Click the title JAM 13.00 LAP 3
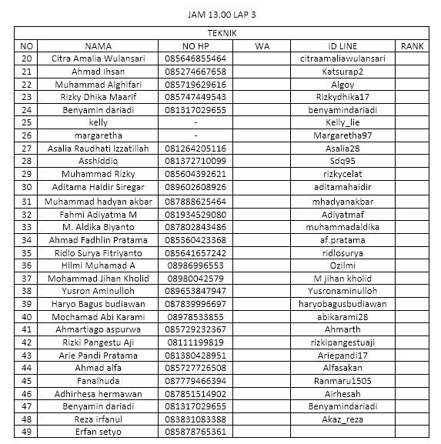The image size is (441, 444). point(222,14)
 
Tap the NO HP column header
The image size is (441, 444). point(195,46)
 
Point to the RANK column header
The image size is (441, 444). point(413,46)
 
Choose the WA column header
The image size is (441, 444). point(262,46)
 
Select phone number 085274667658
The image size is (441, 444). point(195,72)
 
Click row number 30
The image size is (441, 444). point(27,187)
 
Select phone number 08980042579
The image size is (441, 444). point(195,278)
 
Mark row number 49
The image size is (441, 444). point(27,432)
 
